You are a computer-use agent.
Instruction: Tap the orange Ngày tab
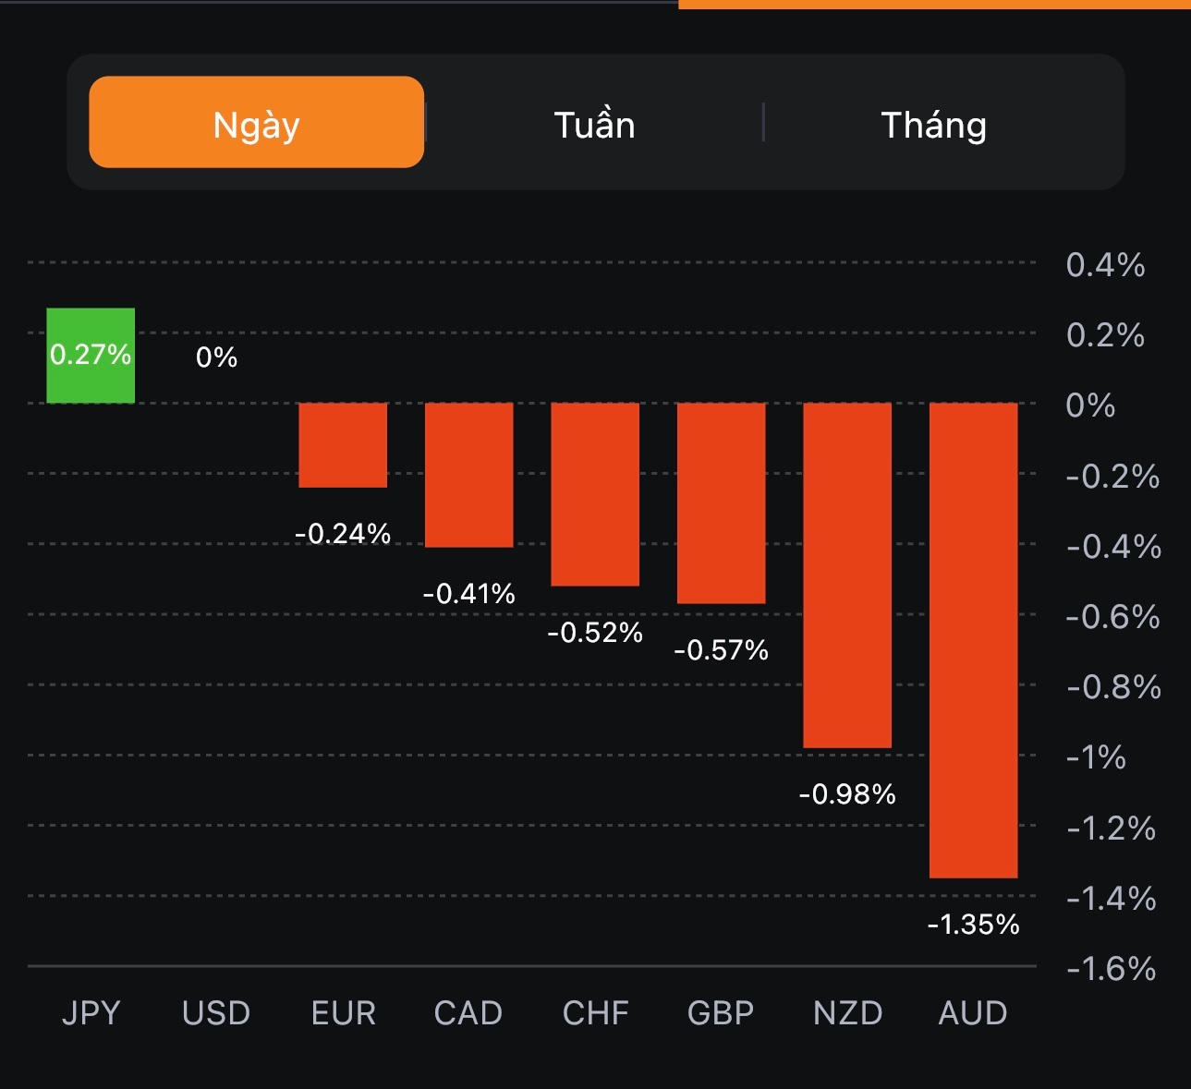tap(256, 123)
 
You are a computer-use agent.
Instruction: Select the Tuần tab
tap(594, 125)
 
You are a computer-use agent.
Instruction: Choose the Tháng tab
tap(933, 125)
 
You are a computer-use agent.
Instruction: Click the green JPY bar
tap(91, 356)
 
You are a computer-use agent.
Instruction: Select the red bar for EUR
tap(343, 444)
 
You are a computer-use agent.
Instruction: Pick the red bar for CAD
tap(468, 475)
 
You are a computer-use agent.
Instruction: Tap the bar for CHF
tap(595, 494)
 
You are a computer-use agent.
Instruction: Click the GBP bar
tap(721, 503)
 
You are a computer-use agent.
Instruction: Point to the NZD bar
tap(847, 575)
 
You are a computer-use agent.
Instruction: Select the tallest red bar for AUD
tap(973, 640)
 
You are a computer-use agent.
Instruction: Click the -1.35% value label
tap(973, 925)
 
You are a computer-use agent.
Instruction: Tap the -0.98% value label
tap(847, 794)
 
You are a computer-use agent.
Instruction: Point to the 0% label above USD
tap(216, 357)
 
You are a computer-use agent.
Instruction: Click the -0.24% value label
tap(343, 534)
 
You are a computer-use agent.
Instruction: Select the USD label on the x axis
tap(216, 1013)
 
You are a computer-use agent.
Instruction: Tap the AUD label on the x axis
tap(973, 1013)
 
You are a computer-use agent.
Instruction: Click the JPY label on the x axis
tap(91, 1013)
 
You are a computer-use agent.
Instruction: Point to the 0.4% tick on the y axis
tap(1105, 265)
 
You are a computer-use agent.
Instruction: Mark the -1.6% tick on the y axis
tap(1111, 969)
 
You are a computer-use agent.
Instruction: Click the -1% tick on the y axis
tap(1096, 757)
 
